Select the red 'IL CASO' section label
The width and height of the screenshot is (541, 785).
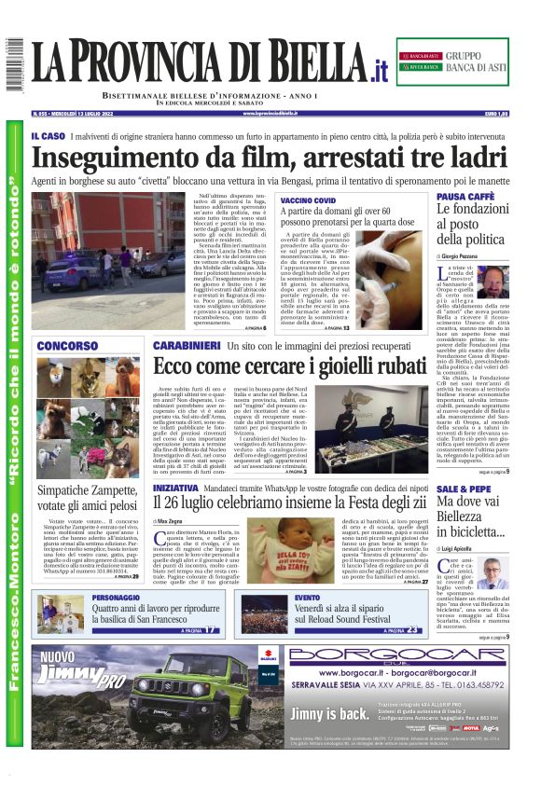click(48, 136)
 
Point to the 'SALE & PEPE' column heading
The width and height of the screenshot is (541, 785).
click(464, 489)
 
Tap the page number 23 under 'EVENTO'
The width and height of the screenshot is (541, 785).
click(411, 630)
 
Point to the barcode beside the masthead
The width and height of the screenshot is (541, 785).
click(14, 65)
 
